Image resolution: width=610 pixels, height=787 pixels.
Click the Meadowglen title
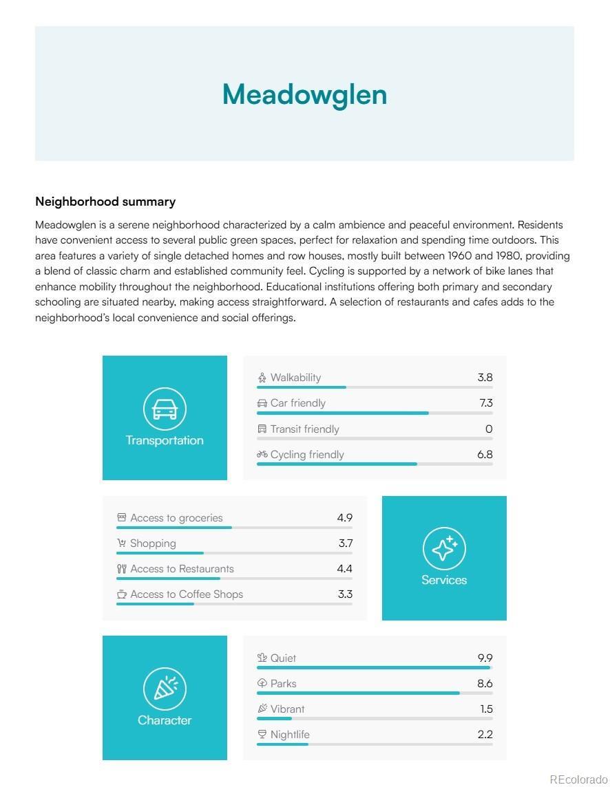coord(304,94)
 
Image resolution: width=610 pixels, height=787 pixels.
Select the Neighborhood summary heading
coord(105,202)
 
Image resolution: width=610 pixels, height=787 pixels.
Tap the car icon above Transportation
coord(165,409)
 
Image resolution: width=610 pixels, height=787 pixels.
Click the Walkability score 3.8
coord(485,378)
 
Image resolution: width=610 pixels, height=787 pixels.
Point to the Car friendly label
coord(297,403)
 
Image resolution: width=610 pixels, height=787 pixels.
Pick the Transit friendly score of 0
coord(489,429)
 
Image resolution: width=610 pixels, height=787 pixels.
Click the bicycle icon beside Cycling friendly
coord(262,454)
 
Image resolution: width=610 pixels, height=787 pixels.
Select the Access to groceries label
coord(176,518)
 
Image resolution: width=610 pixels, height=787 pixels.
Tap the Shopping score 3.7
coord(345,543)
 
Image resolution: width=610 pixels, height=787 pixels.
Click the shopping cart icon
coord(122,543)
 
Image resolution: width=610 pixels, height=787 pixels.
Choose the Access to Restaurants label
coord(182,569)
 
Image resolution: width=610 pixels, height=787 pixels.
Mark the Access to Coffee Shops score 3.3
coord(345,594)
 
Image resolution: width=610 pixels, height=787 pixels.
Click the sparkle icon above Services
coord(444,548)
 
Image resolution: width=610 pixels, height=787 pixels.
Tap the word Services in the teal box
coord(444,580)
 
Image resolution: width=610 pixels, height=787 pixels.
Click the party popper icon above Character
coord(165,688)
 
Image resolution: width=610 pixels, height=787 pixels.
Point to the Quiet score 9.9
coord(485,658)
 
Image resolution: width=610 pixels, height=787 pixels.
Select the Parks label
coord(283,684)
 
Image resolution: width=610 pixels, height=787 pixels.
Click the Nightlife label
coord(290,735)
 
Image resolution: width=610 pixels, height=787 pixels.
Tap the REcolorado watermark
coord(578,779)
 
